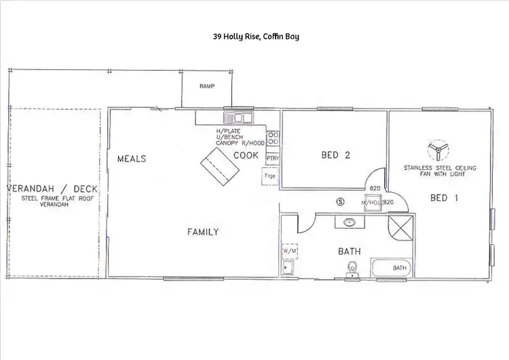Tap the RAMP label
(x=207, y=87)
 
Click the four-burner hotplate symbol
(x=273, y=139)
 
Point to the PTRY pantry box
(x=273, y=158)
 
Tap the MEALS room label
(x=132, y=158)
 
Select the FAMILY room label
(x=203, y=232)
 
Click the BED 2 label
(x=335, y=156)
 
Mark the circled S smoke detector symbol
(x=341, y=201)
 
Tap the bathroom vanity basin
(x=350, y=222)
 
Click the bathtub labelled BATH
(x=391, y=268)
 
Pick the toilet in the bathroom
(x=351, y=270)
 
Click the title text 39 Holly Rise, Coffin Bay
(x=254, y=36)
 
